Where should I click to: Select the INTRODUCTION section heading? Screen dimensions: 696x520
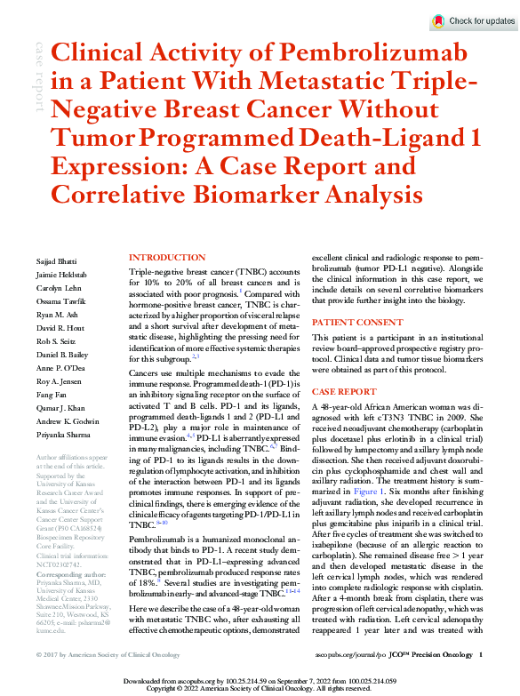click(167, 257)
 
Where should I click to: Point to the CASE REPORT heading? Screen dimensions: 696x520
click(343, 391)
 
